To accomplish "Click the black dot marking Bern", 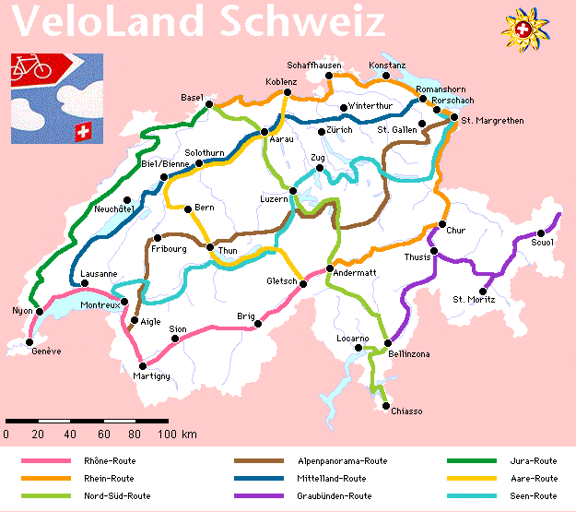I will point(188,208).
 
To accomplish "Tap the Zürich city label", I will point(339,131).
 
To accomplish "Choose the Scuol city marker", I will point(541,232).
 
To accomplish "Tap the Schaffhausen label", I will point(314,65).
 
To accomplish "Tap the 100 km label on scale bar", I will point(174,434).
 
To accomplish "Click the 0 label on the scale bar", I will point(6,434).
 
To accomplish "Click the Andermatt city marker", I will point(330,268).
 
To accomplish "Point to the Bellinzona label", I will point(407,354).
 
